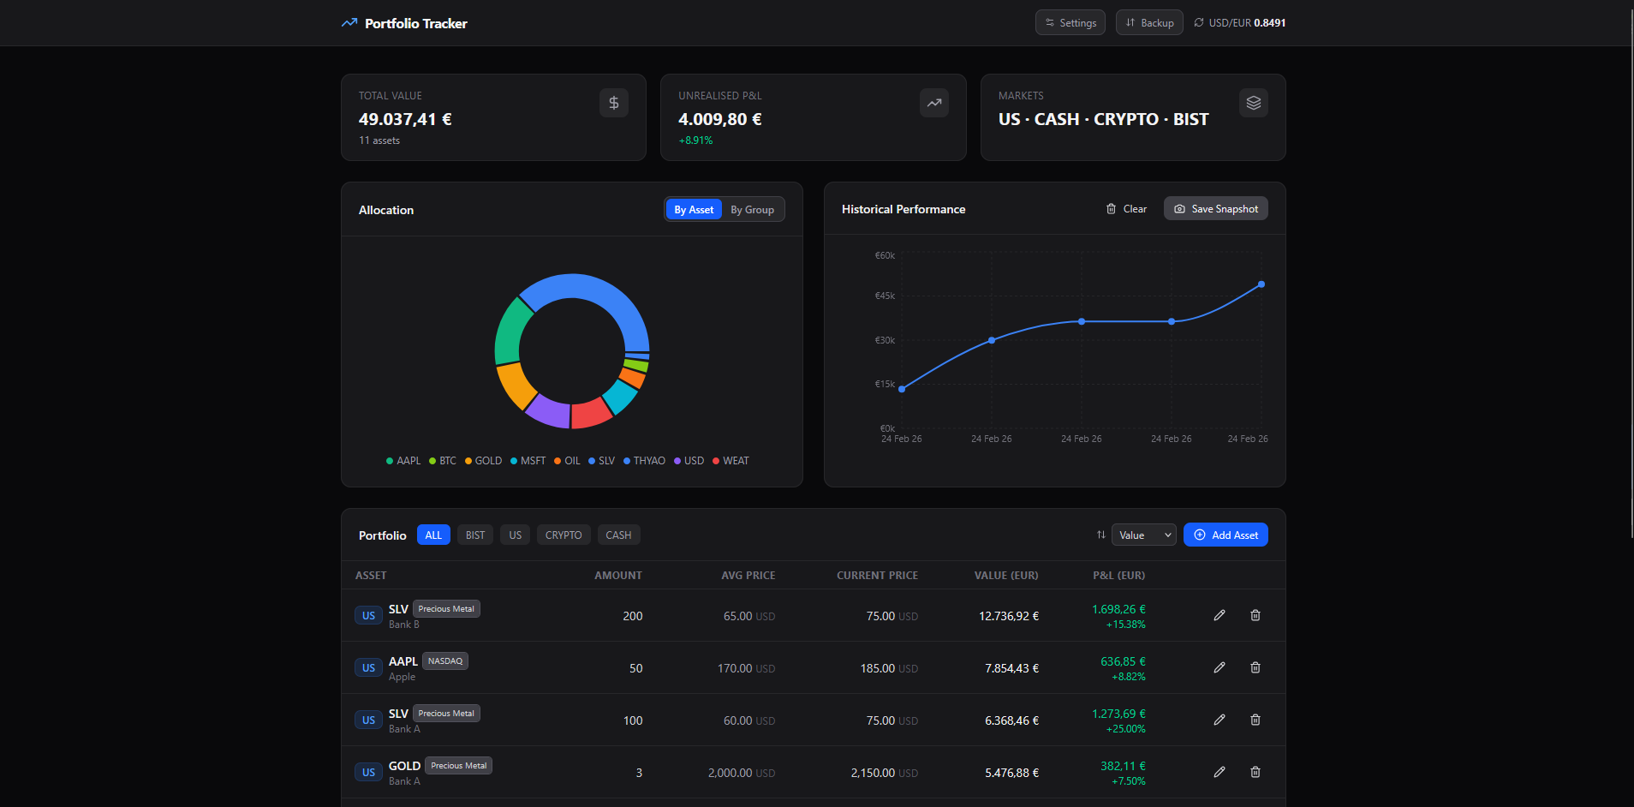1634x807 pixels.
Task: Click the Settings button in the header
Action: point(1070,23)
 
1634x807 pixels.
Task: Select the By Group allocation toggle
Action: point(752,210)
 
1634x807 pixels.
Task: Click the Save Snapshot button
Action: point(1215,209)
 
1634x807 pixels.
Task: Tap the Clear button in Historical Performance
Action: point(1126,209)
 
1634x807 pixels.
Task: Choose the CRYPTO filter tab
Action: point(563,535)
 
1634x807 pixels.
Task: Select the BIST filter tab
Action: point(475,535)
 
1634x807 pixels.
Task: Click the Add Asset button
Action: point(1225,535)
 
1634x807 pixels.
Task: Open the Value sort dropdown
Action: point(1143,535)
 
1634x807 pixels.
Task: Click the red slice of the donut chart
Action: point(590,413)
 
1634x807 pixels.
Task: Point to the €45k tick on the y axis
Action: point(885,296)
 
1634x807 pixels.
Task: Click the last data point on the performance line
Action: point(1261,284)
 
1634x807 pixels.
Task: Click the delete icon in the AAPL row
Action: point(1255,668)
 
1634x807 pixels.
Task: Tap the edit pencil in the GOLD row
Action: point(1220,773)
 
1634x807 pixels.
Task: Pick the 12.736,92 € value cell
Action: point(1009,617)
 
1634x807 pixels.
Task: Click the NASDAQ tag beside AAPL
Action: point(445,661)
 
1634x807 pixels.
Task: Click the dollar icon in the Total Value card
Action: point(614,104)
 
